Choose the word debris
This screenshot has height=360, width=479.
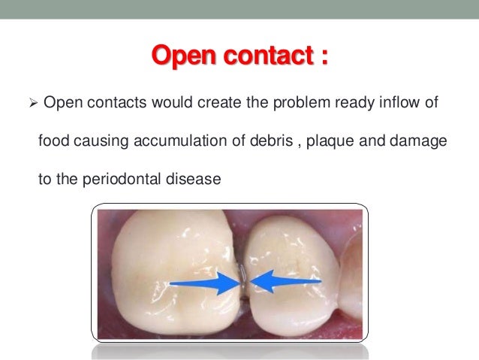[x=262, y=141]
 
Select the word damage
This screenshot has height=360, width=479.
[x=411, y=141]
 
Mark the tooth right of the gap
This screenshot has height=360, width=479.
[x=297, y=256]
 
